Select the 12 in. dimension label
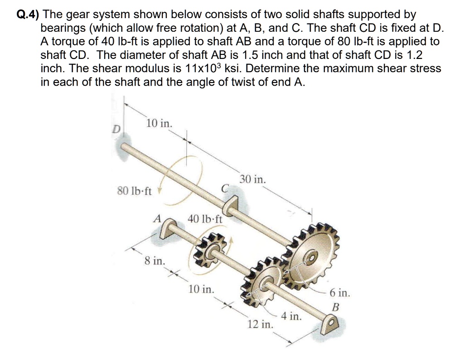point(260,324)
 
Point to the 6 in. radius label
point(339,292)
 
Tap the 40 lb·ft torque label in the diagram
point(205,219)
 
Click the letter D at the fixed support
point(116,129)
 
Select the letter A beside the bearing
point(157,218)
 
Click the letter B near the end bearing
point(335,307)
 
